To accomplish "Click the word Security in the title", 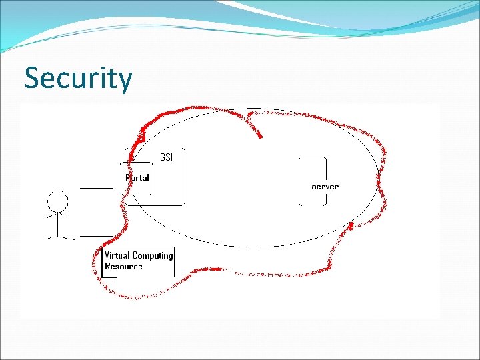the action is point(79,79).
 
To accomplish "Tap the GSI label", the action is point(166,157).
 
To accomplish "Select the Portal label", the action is point(138,178).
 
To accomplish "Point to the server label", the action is point(325,187).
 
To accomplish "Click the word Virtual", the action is point(117,255).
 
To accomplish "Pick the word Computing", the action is point(153,255).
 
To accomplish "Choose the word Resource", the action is point(123,267).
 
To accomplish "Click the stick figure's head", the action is point(58,201).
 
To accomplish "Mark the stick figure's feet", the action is point(58,237).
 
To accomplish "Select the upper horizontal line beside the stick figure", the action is point(97,189).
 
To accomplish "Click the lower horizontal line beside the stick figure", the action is point(97,235).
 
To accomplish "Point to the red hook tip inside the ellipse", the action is point(260,137).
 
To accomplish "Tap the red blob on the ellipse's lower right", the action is point(351,226).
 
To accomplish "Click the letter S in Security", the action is point(31,79).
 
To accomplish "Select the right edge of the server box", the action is point(326,181).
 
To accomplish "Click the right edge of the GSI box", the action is point(184,177).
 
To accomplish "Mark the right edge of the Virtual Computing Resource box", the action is point(174,262).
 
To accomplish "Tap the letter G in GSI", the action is point(162,157).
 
